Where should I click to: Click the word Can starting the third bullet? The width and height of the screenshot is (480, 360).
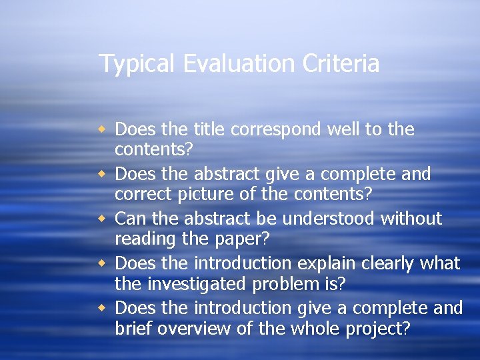[129, 219]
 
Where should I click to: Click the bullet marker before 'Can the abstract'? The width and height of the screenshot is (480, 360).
[103, 219]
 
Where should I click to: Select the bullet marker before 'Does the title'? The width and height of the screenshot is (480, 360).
[103, 129]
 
